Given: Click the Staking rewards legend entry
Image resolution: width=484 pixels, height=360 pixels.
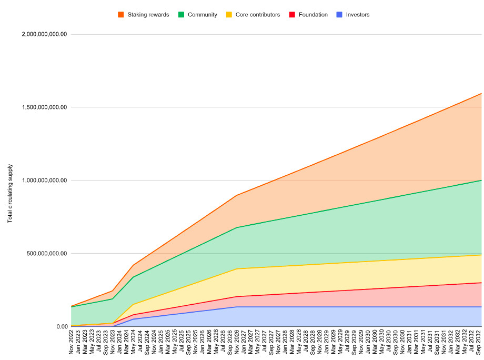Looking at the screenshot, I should point(147,15).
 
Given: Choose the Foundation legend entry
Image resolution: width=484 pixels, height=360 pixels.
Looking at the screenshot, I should point(312,15).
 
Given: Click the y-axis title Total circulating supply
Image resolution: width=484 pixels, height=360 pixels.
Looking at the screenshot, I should point(10,194).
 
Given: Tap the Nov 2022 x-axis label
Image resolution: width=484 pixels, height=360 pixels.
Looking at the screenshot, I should point(72,342).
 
